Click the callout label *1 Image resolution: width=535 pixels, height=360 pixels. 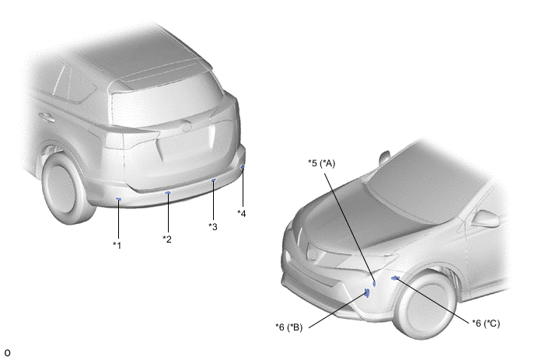point(117,246)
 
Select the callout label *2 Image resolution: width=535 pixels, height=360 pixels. point(167,239)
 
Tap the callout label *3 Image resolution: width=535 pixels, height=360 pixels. point(213,226)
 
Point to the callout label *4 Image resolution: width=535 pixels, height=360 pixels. point(242,214)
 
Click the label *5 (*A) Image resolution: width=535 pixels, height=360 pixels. point(321,163)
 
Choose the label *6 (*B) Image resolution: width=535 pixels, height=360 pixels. point(289,327)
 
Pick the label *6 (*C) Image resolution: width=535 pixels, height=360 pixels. point(486,323)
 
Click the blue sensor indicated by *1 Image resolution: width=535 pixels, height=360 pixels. point(118,198)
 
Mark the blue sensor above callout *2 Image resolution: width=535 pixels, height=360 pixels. point(168,193)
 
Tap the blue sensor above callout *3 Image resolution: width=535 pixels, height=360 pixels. point(214,180)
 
